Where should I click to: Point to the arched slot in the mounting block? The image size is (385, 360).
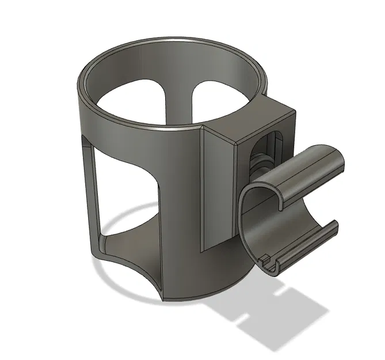(266, 152)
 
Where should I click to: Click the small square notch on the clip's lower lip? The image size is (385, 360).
(267, 262)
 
